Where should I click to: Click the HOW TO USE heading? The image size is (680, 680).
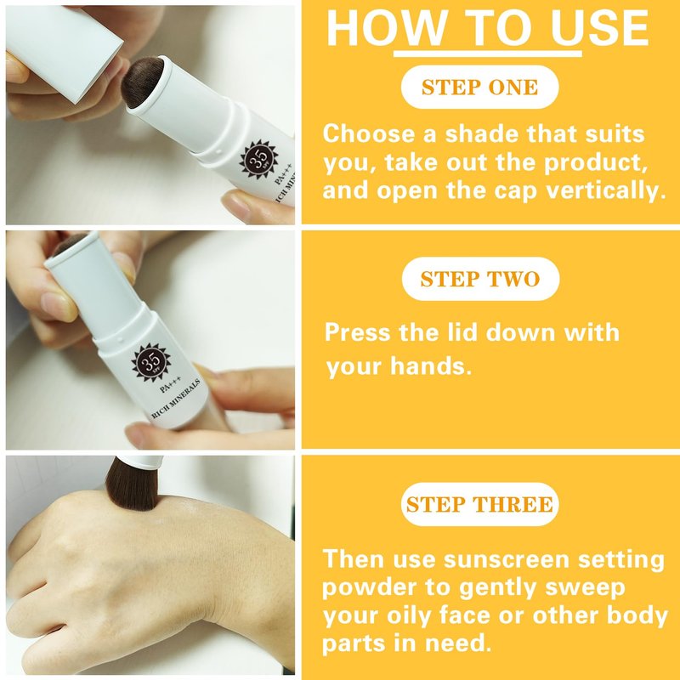pyautogui.click(x=487, y=28)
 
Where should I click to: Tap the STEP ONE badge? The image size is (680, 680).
pyautogui.click(x=479, y=88)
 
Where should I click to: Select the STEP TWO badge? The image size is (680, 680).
pyautogui.click(x=480, y=279)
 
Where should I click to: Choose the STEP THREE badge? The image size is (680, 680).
pyautogui.click(x=479, y=504)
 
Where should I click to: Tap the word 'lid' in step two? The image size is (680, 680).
pyautogui.click(x=461, y=332)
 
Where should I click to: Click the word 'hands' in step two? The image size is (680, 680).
pyautogui.click(x=431, y=366)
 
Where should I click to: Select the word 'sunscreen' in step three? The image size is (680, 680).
pyautogui.click(x=506, y=559)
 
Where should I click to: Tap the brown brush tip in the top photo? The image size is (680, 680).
pyautogui.click(x=142, y=82)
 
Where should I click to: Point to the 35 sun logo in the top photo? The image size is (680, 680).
pyautogui.click(x=258, y=159)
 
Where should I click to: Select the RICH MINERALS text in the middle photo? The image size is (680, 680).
pyautogui.click(x=176, y=399)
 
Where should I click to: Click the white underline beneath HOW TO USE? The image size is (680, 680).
pyautogui.click(x=487, y=54)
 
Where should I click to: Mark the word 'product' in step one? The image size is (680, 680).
pyautogui.click(x=596, y=163)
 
